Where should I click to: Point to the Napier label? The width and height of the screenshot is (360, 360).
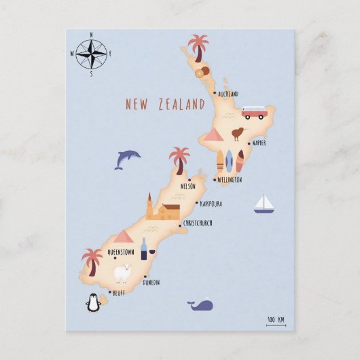258,143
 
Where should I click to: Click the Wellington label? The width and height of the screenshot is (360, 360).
230,180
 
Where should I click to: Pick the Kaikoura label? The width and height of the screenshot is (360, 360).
211,203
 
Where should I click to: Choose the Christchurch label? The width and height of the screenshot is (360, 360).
198,223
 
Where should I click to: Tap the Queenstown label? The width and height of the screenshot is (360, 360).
121,252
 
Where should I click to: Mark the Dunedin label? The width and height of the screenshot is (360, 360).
151,283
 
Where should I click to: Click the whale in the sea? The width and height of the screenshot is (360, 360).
200,305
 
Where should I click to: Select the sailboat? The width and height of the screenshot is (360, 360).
264,204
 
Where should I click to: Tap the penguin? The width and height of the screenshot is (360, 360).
92,303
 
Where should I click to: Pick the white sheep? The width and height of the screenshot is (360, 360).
122,273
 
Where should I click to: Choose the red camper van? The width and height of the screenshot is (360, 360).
253,112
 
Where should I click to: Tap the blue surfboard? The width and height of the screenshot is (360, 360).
229,160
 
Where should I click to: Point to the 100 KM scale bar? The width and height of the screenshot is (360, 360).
276,321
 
